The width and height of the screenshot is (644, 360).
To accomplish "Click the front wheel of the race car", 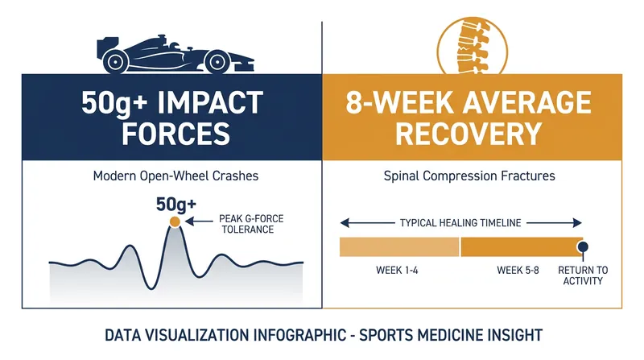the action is pyautogui.click(x=217, y=62).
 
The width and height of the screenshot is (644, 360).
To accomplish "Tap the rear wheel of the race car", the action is pyautogui.click(x=115, y=62).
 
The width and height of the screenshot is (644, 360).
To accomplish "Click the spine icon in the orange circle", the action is pyautogui.click(x=473, y=46).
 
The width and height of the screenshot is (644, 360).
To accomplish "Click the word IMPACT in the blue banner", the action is pyautogui.click(x=209, y=103).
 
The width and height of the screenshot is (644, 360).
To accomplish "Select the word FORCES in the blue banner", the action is pyautogui.click(x=175, y=133).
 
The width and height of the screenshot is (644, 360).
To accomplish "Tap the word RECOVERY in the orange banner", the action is pyautogui.click(x=469, y=133).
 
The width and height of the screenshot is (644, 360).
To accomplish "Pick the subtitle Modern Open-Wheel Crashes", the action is pyautogui.click(x=175, y=176).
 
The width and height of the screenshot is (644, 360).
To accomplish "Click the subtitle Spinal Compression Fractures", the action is pyautogui.click(x=469, y=176).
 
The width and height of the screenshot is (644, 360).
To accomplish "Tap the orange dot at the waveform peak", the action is pyautogui.click(x=175, y=222).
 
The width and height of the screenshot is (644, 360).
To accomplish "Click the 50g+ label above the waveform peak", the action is pyautogui.click(x=176, y=205).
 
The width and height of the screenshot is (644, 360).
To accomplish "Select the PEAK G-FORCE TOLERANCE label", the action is pyautogui.click(x=251, y=224).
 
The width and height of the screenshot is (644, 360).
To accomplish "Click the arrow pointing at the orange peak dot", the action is pyautogui.click(x=199, y=222).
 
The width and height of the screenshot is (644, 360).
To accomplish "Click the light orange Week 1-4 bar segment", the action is pyautogui.click(x=399, y=247).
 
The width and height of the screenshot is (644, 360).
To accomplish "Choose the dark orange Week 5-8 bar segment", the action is pyautogui.click(x=522, y=247).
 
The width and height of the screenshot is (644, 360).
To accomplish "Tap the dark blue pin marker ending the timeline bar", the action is pyautogui.click(x=582, y=247).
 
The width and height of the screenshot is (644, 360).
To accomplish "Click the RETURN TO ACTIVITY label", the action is pyautogui.click(x=583, y=275).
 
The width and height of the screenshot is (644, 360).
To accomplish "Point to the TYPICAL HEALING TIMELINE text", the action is pyautogui.click(x=460, y=223).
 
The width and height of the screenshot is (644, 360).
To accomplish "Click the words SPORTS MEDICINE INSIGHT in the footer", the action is pyautogui.click(x=451, y=335).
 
